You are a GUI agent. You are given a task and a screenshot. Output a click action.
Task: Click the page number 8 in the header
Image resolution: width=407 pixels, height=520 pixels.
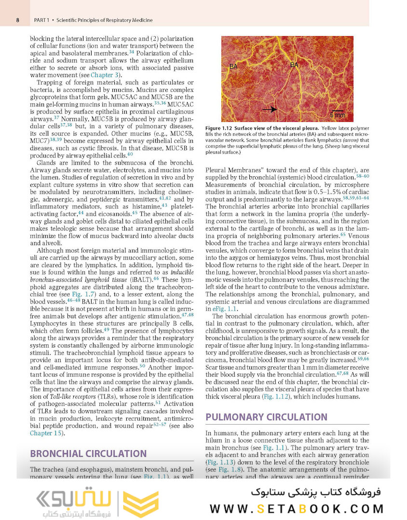click(18, 20)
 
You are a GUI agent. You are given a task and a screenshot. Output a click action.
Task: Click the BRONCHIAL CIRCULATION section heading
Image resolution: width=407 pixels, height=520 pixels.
click(88, 454)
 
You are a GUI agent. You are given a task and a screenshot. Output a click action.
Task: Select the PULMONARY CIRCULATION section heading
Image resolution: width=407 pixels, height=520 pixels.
click(266, 417)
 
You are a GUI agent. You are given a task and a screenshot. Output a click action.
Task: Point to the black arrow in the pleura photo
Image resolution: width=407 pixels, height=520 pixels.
click(269, 109)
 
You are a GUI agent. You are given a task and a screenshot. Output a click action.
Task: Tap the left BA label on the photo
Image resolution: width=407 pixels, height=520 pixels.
click(233, 66)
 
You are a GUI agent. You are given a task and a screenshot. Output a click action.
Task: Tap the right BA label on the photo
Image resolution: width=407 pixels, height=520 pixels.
click(294, 65)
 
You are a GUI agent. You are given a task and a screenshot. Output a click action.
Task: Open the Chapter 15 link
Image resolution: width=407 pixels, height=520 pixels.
click(46, 433)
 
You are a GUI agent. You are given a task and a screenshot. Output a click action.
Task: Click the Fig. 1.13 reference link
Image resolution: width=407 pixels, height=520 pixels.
click(220, 461)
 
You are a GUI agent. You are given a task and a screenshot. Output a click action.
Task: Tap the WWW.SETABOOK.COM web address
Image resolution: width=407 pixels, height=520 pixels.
click(297, 509)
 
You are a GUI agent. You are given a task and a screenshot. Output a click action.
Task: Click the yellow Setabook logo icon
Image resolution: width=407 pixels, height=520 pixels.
click(140, 504)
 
